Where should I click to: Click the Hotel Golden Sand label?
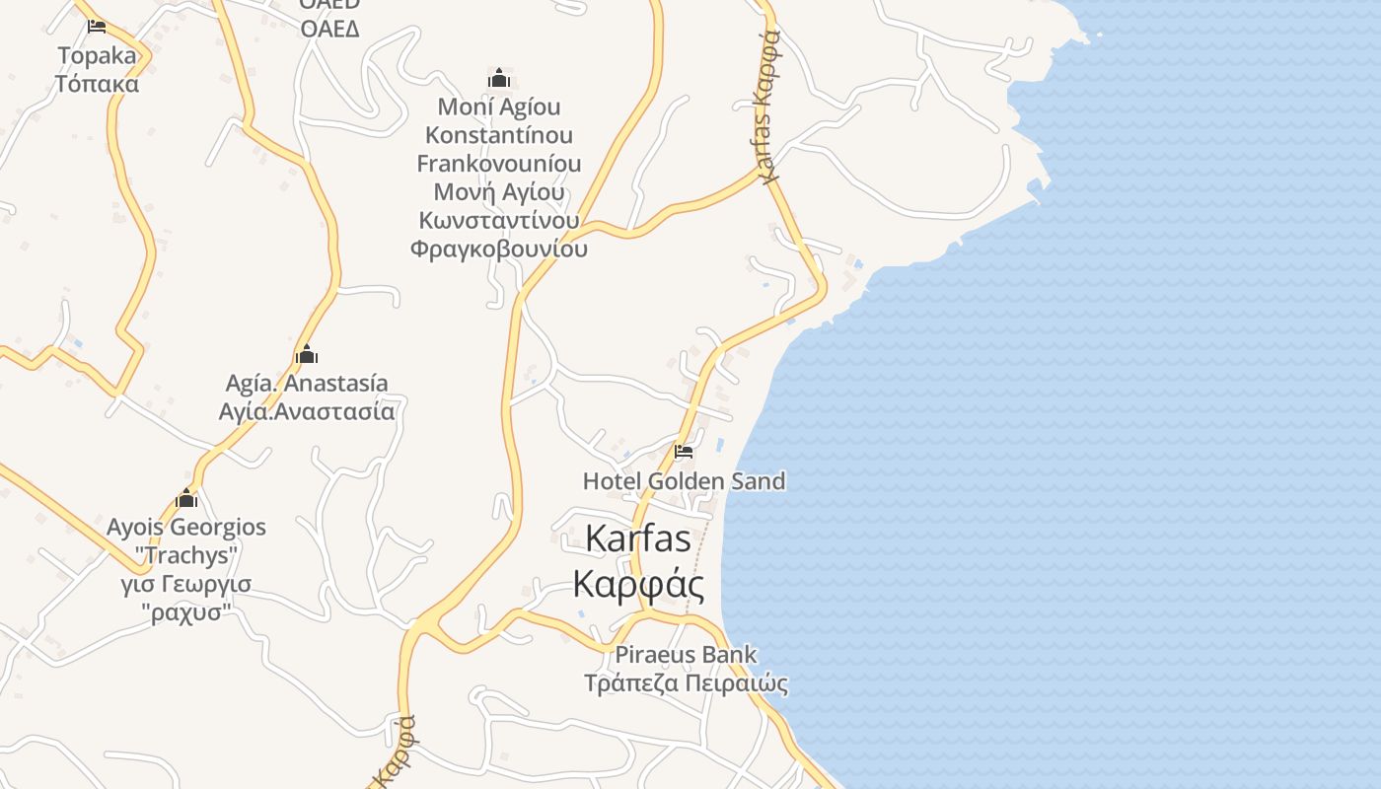[684, 481]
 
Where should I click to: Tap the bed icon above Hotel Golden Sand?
[683, 453]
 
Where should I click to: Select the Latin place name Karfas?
[638, 538]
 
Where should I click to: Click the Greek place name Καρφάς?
[638, 585]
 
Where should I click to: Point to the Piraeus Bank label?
[686, 654]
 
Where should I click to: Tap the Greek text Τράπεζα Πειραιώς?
[686, 682]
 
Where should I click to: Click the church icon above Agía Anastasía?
[307, 354]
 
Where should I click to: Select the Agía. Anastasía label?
[307, 383]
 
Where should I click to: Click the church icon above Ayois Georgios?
[186, 498]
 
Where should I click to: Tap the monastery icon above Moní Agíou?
[499, 78]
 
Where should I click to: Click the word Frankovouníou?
[499, 163]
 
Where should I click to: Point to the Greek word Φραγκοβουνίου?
[499, 249]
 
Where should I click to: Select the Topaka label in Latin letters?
[97, 55]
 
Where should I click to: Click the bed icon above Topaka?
[97, 26]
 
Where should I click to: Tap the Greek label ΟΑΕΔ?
[329, 29]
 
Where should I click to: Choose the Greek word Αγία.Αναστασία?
[307, 411]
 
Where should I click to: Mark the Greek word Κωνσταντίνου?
[499, 220]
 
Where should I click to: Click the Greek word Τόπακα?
[97, 84]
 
